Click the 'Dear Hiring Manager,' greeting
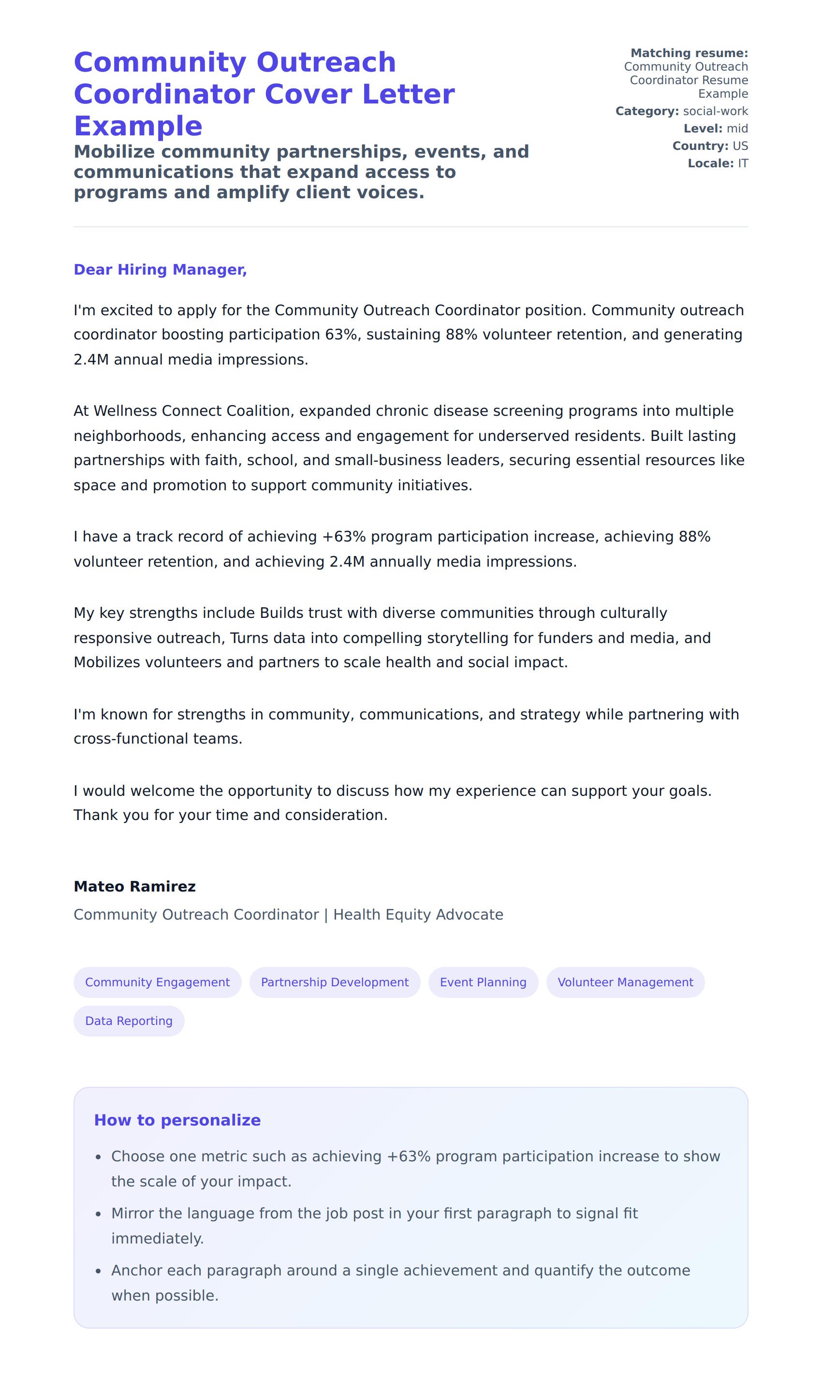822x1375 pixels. (160, 270)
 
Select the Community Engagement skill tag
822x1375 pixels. (157, 982)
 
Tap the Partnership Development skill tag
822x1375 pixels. (335, 982)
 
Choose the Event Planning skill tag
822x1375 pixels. (483, 982)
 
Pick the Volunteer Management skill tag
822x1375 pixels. (625, 982)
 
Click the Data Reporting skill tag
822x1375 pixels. (129, 1021)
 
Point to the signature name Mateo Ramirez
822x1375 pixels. (134, 887)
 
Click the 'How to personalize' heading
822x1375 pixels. (177, 1120)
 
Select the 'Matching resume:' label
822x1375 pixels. (689, 53)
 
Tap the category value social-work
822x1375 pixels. (715, 111)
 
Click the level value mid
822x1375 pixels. (737, 129)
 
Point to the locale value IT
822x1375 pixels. (742, 163)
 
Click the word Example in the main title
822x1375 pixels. (138, 126)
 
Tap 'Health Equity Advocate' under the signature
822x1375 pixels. (418, 914)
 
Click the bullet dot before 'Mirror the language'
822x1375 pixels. (98, 1214)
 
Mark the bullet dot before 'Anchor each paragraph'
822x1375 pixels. (98, 1272)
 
